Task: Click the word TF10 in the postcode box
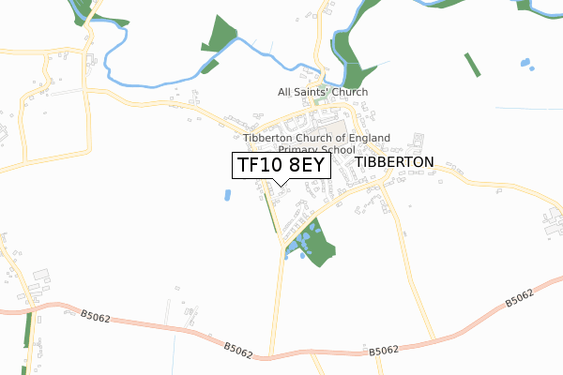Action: (x=258, y=165)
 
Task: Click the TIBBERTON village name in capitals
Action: (x=395, y=162)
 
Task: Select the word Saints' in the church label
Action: (x=320, y=92)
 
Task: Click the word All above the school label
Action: (x=286, y=92)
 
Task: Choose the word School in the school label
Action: (x=339, y=149)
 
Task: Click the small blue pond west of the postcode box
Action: (x=227, y=195)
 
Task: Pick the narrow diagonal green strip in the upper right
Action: (x=472, y=65)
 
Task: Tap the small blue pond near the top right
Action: (x=525, y=65)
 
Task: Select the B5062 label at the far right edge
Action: (x=519, y=299)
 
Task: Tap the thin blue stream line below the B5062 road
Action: (x=174, y=354)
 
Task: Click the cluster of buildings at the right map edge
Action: (x=552, y=225)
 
